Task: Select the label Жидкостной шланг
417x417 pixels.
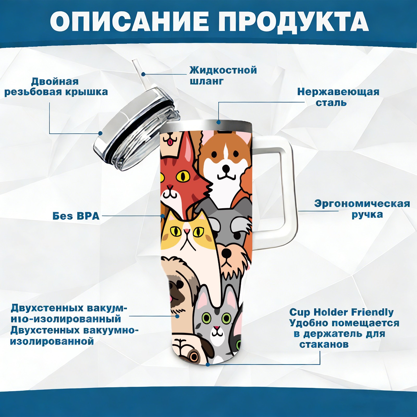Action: [x=223, y=76]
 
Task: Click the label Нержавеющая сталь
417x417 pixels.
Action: [x=338, y=97]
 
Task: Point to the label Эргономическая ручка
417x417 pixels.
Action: [x=362, y=209]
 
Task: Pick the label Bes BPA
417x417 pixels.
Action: [x=76, y=216]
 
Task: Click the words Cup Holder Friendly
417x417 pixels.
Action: [x=341, y=312]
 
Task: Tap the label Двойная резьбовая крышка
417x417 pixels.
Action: [x=56, y=87]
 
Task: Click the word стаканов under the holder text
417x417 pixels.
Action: [x=324, y=345]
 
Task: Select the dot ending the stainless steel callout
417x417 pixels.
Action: [x=218, y=122]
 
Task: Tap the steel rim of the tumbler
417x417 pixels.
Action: [x=206, y=125]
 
